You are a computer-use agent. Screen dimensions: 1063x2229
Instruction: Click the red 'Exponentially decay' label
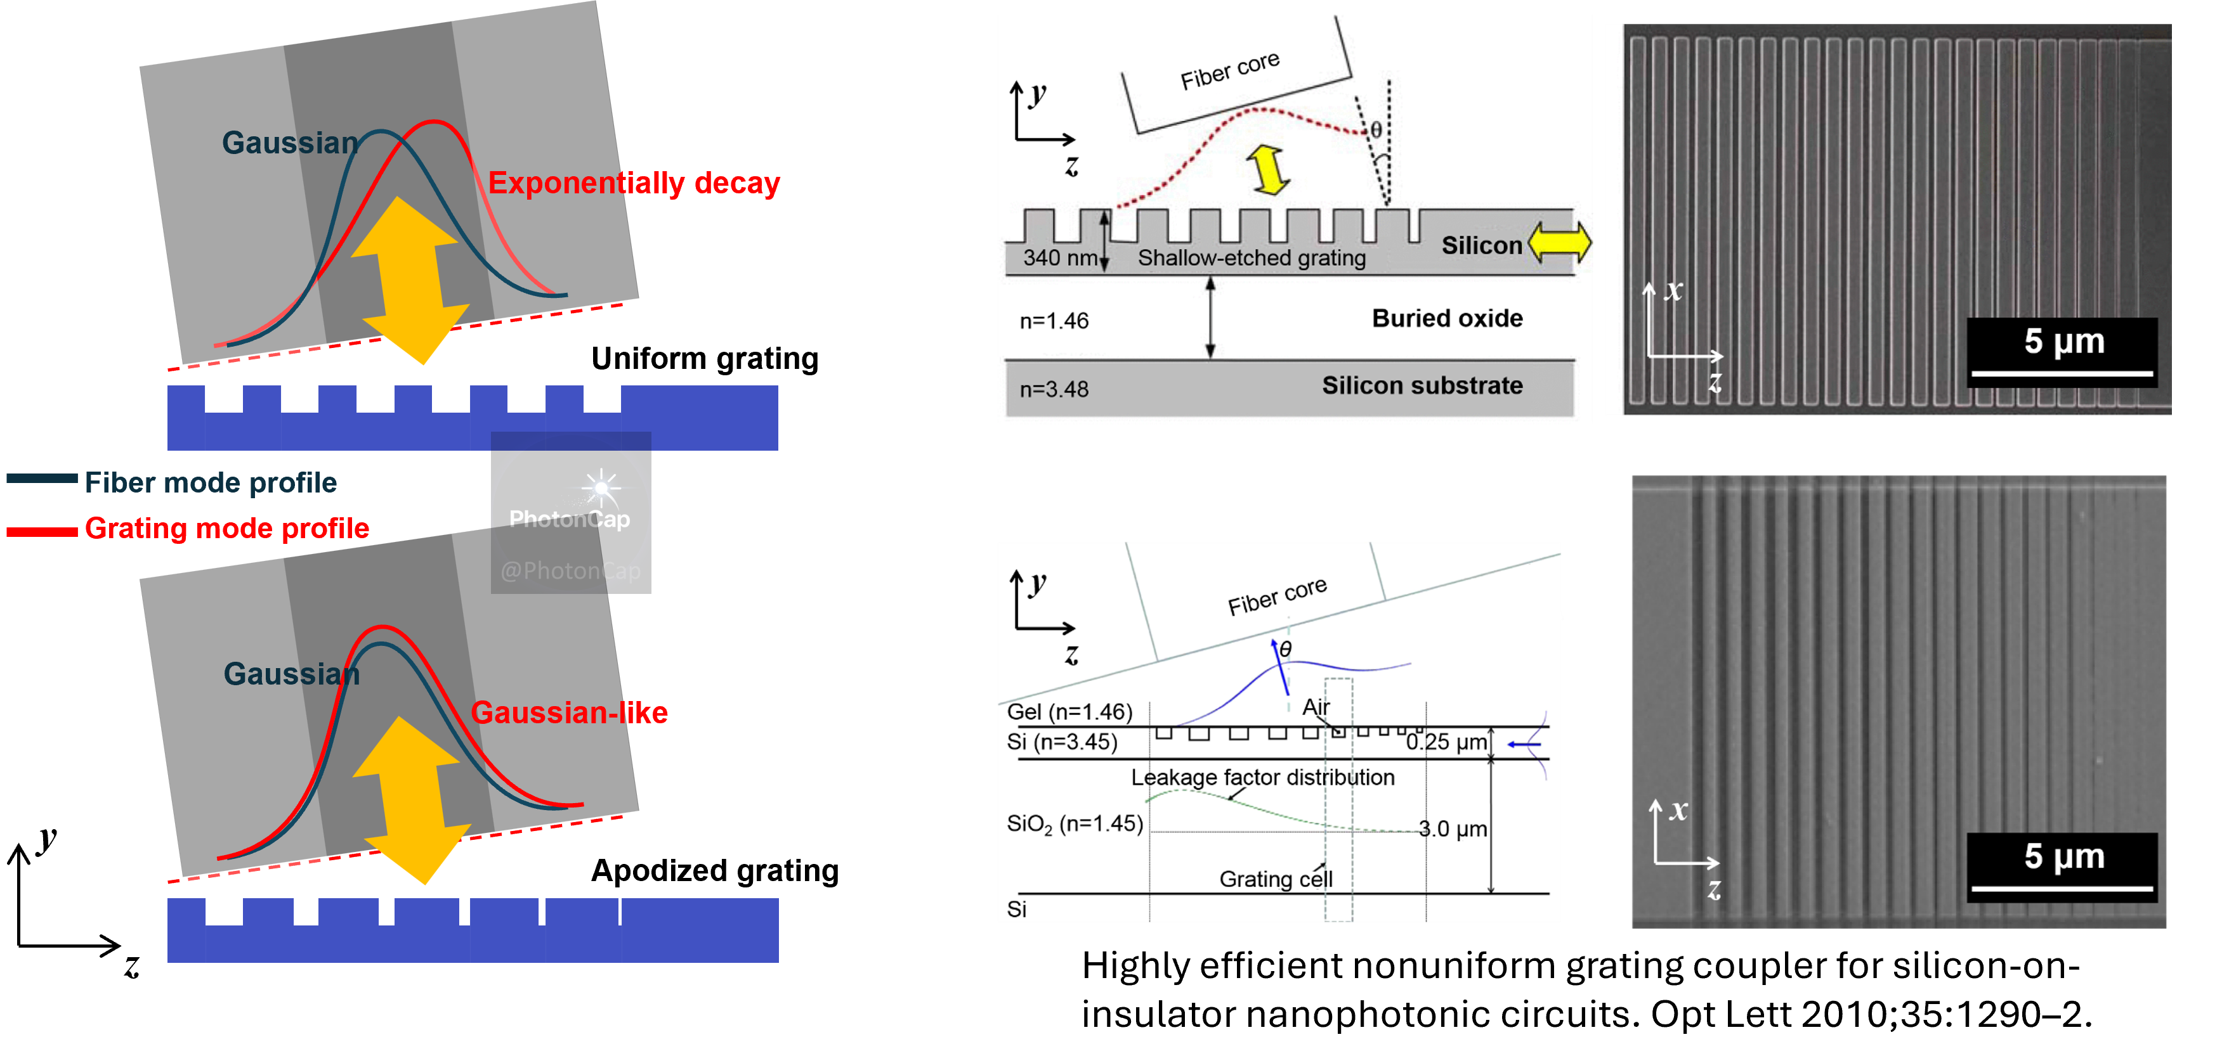click(x=634, y=183)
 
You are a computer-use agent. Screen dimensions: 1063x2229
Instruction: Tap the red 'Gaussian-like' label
click(x=568, y=712)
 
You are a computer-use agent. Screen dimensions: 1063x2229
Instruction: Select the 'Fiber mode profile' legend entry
click(x=210, y=482)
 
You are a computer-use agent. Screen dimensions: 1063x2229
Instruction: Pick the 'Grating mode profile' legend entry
click(x=226, y=529)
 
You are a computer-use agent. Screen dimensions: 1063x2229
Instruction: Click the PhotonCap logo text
click(x=570, y=519)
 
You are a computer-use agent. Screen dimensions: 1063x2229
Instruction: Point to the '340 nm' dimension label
click(x=1060, y=258)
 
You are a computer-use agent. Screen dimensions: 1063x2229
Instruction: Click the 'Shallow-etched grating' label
click(x=1252, y=258)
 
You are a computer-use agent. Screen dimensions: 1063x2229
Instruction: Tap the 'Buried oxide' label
click(x=1447, y=318)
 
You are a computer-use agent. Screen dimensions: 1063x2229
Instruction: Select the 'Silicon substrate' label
click(x=1422, y=386)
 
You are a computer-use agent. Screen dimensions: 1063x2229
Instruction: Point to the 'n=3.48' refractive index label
click(x=1054, y=389)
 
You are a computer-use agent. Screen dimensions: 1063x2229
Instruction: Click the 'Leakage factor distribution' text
click(x=1262, y=778)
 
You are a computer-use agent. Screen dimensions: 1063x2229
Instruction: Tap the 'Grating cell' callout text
click(x=1276, y=879)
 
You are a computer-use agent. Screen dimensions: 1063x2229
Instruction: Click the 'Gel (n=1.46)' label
click(x=1069, y=712)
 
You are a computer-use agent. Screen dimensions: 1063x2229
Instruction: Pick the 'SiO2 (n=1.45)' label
click(x=1075, y=823)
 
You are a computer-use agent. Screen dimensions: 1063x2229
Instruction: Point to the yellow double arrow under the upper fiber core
click(x=1269, y=169)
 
